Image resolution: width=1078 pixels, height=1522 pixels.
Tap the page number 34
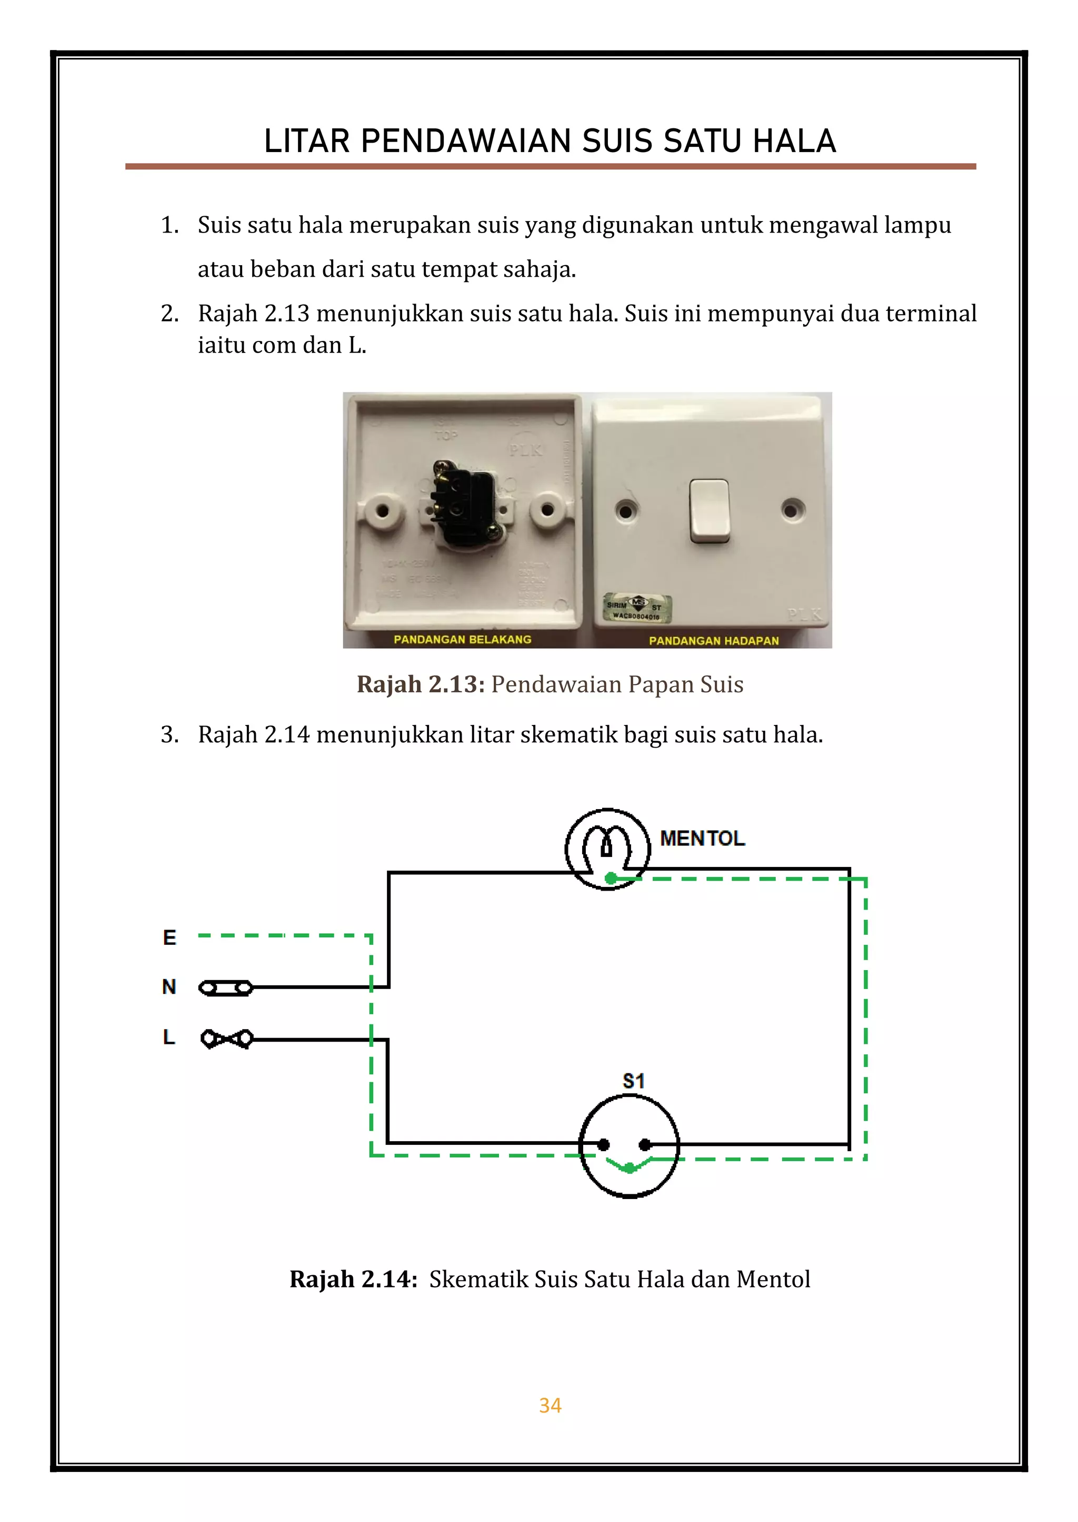[550, 1405]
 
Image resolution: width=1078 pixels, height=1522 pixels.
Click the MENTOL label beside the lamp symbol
[702, 838]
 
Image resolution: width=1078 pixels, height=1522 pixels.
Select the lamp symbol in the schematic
[607, 849]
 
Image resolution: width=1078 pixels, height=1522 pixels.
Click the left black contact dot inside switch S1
[603, 1144]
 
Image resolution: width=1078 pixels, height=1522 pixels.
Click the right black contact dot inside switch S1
[644, 1144]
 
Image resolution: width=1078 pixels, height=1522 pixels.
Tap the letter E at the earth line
[169, 938]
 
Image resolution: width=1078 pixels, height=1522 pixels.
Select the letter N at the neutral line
[169, 986]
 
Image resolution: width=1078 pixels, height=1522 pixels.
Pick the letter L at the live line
[169, 1036]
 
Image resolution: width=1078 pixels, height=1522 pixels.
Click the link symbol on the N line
[226, 989]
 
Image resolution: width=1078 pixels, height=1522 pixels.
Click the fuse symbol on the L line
[226, 1039]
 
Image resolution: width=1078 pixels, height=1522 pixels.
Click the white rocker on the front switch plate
[709, 510]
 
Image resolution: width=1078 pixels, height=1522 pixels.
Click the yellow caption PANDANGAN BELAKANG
[462, 639]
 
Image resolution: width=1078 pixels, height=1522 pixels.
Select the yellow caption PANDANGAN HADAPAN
[714, 640]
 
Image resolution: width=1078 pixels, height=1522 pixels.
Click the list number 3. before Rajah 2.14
[169, 734]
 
